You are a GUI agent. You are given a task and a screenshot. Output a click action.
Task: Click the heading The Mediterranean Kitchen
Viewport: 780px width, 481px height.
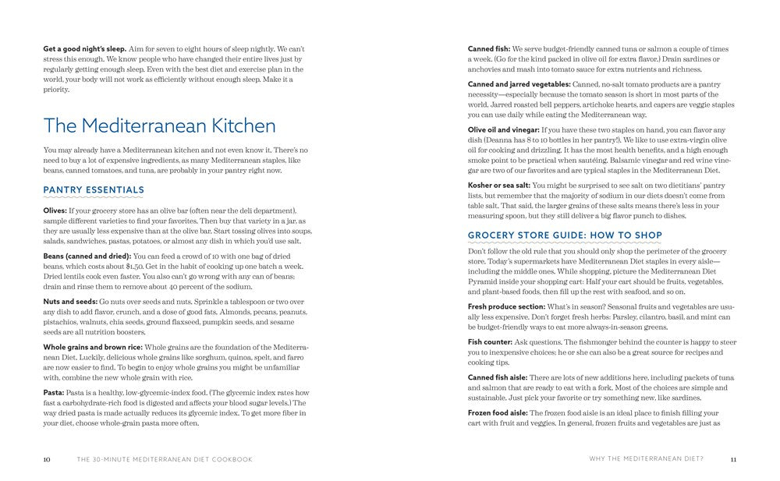(x=159, y=126)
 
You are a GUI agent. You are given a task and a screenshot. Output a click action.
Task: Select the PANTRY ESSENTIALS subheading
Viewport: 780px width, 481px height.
(x=94, y=189)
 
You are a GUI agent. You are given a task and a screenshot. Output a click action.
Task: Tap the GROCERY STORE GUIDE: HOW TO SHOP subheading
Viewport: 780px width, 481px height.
(x=565, y=235)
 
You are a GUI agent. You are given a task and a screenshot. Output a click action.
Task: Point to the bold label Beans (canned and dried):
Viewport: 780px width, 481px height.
(x=87, y=256)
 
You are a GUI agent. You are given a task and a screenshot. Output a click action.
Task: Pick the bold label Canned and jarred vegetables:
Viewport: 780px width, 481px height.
(x=519, y=83)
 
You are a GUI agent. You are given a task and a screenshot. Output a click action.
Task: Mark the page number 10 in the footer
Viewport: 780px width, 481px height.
(x=47, y=459)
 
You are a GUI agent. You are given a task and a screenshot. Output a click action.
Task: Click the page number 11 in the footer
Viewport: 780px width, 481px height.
(x=733, y=459)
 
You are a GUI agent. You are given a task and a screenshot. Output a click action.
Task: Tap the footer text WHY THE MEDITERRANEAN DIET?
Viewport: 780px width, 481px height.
(x=647, y=459)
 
